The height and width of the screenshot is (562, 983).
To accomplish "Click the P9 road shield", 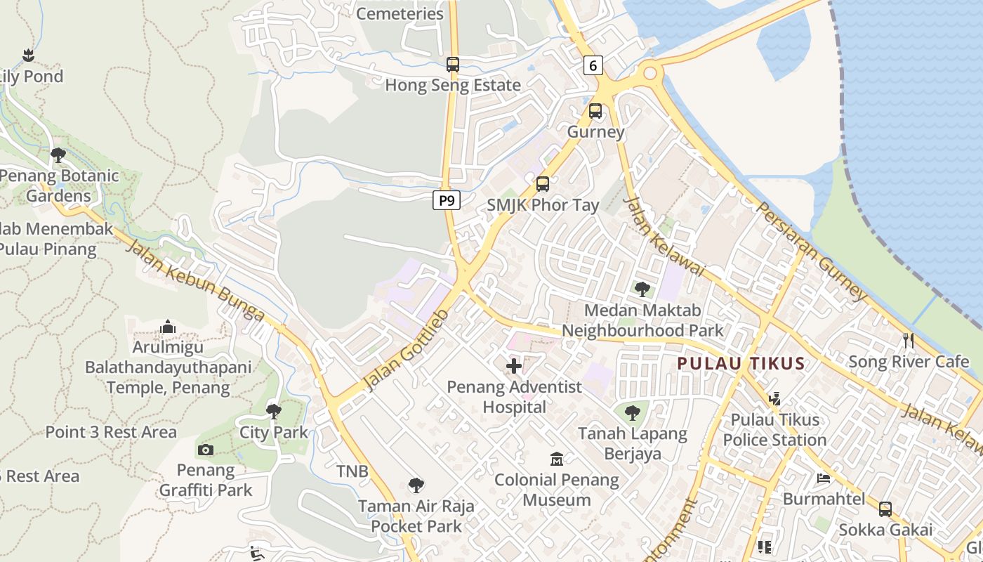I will pos(446,201).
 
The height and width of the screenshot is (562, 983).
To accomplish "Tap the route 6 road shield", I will pos(593,65).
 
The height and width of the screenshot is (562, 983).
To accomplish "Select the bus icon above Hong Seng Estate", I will pos(453,65).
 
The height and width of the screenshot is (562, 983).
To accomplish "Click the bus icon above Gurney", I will pos(595,111).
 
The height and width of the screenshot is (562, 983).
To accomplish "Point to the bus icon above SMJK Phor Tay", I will pos(543,184).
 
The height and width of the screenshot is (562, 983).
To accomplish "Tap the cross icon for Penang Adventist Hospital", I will pos(514,366).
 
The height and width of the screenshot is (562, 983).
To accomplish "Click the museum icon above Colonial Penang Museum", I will pos(557,459).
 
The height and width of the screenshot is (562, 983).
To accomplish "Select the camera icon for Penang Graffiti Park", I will pos(206,450).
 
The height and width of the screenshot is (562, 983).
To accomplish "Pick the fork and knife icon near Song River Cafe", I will pos(909,341).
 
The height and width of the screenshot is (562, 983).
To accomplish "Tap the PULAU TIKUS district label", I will pos(741,363).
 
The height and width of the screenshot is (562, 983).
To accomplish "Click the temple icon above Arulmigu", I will pos(167,327).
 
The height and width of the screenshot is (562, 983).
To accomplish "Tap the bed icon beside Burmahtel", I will pos(824,478).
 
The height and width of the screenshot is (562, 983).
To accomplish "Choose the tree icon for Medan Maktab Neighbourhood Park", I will pos(642,289).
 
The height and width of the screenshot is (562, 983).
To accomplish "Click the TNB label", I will pos(352,471).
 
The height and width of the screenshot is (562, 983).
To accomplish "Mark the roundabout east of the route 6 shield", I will pos(649,72).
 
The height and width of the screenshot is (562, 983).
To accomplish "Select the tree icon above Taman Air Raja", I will pos(416,485).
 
